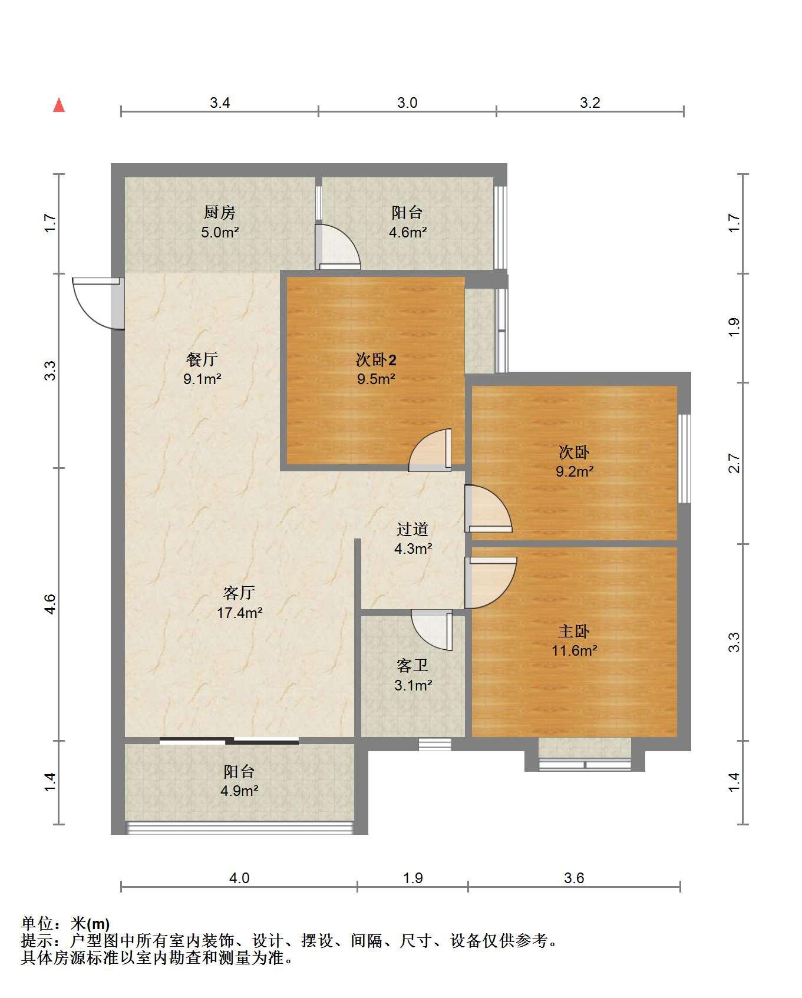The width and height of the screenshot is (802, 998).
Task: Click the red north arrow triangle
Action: pos(59,105)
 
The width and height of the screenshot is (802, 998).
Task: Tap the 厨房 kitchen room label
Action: pos(220,212)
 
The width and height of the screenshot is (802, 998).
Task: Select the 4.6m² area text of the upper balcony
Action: pos(408,232)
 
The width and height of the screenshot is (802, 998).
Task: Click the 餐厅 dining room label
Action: pos(202,359)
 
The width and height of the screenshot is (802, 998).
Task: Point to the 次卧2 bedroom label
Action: pos(376,359)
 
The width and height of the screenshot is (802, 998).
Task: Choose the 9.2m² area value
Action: pos(575,471)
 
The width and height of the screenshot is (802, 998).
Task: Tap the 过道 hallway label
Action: pos(412,529)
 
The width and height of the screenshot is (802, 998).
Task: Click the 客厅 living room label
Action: pos(239,592)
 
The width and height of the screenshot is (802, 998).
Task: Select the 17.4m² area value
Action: pos(239,613)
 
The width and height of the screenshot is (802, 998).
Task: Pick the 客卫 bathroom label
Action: pos(412,666)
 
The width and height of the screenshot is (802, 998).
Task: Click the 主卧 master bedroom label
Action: pos(574,631)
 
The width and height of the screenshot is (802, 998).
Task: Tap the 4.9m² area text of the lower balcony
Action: pos(239,791)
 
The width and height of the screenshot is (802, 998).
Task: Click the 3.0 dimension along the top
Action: pos(407,103)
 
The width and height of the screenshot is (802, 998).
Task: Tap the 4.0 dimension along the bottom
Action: pos(239,878)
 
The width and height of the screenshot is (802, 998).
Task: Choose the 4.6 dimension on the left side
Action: pos(50,604)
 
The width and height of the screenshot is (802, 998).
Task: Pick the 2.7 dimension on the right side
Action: pos(734,463)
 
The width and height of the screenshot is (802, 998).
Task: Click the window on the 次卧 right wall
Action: pos(684,458)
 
